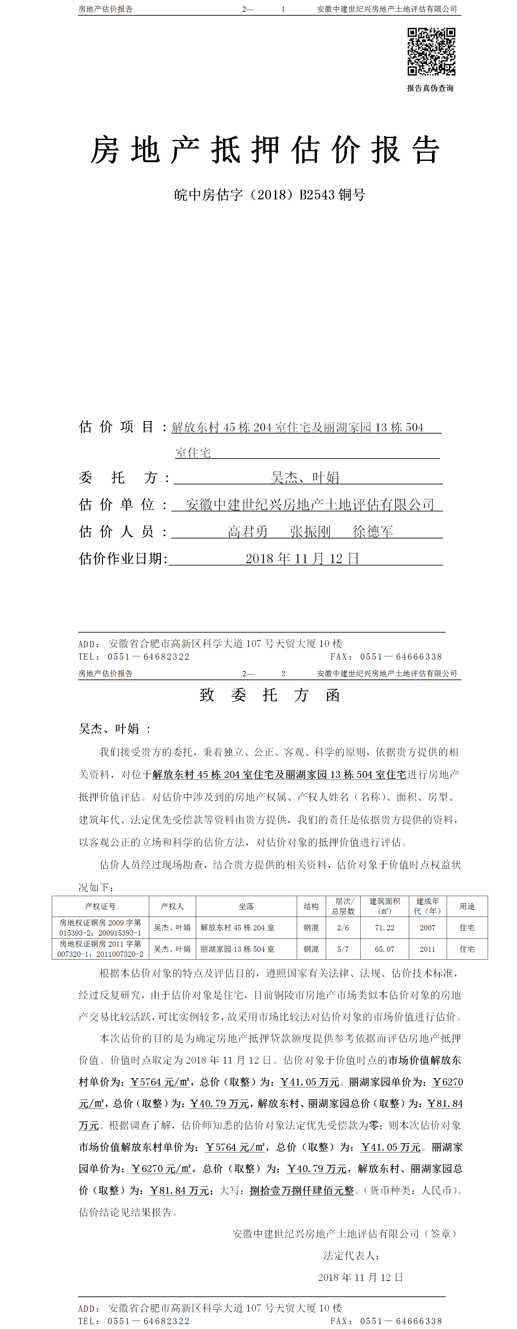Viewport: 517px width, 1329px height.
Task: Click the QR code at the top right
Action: click(x=431, y=51)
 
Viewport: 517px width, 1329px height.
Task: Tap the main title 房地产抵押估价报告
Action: click(x=265, y=150)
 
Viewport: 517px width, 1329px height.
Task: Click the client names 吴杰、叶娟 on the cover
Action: click(x=305, y=478)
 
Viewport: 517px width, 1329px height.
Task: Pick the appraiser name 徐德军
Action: click(x=373, y=531)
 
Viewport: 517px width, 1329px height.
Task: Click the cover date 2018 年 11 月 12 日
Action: click(x=302, y=558)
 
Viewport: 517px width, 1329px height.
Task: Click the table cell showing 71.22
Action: click(x=384, y=928)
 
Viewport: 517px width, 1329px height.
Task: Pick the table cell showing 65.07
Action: click(x=384, y=949)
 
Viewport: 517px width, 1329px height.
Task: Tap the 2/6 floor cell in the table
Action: click(x=343, y=928)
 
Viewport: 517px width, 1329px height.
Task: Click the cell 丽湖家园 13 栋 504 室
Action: click(x=237, y=949)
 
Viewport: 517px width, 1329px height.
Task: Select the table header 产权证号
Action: click(x=100, y=906)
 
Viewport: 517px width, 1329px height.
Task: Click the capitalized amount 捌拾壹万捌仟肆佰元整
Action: click(x=302, y=1190)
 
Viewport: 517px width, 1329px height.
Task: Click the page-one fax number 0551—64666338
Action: click(x=401, y=657)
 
